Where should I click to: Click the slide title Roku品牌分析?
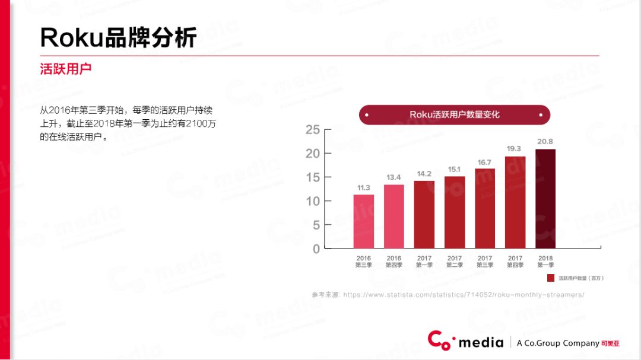(x=118, y=37)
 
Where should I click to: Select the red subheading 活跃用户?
(x=65, y=69)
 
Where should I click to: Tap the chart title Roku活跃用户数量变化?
(x=455, y=114)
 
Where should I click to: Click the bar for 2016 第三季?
(x=364, y=221)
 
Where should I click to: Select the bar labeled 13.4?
(x=394, y=216)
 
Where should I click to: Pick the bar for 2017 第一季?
(x=424, y=214)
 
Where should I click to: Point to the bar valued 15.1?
(x=455, y=212)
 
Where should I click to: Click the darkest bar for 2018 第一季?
(x=545, y=199)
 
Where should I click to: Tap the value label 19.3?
(x=514, y=149)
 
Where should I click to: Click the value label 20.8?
(x=545, y=142)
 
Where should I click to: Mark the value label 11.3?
(x=364, y=187)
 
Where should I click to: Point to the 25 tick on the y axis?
(x=313, y=130)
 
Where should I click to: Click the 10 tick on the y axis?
(x=313, y=201)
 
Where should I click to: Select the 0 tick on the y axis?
(x=316, y=249)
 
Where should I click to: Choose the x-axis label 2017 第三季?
(x=485, y=262)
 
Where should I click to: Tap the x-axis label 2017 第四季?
(x=515, y=262)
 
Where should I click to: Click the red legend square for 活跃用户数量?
(x=551, y=278)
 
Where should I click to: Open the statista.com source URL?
(x=464, y=295)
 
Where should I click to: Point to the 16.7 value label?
(x=484, y=162)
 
